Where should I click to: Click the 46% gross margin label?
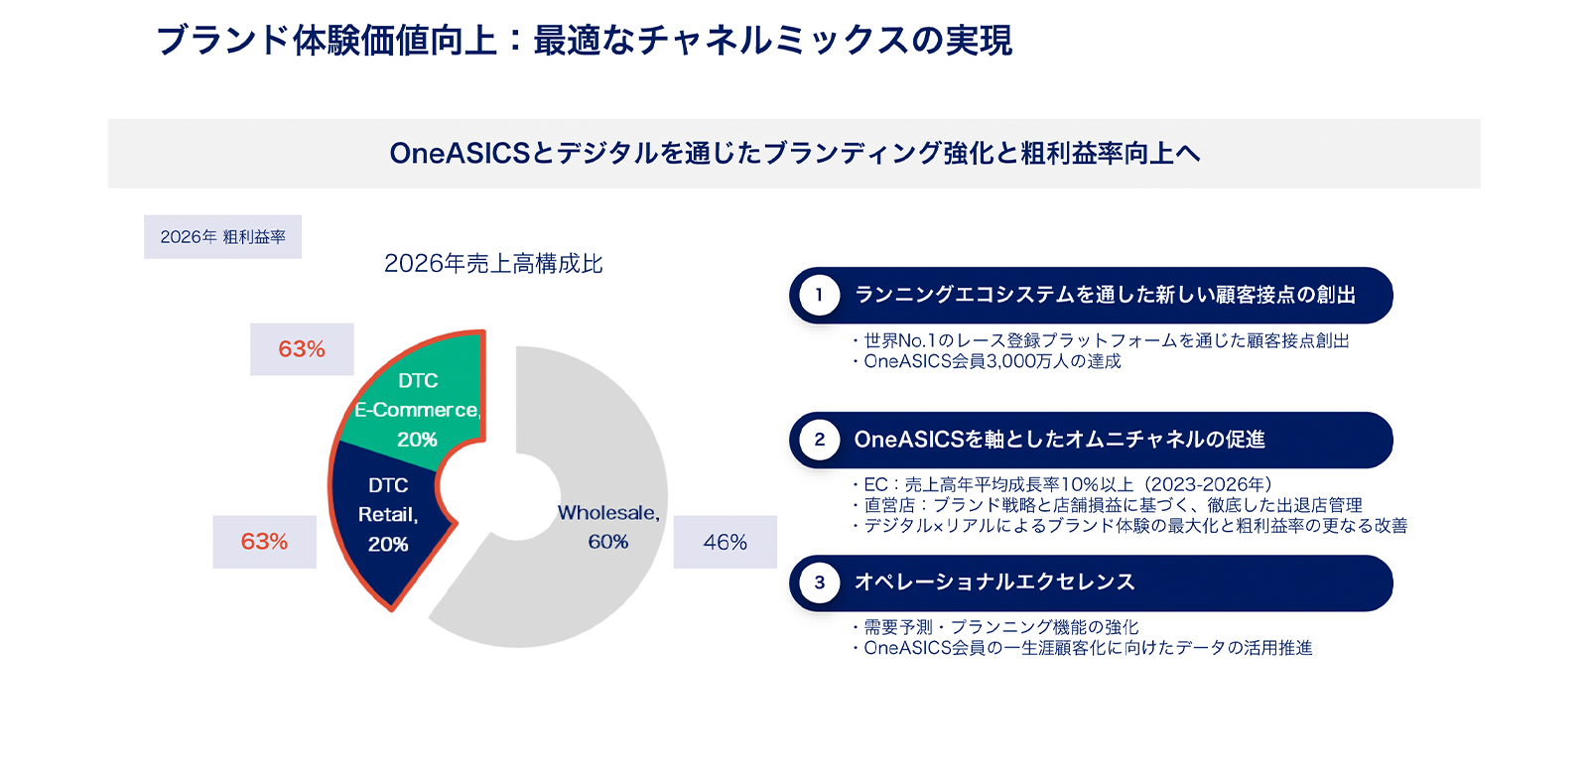pyautogui.click(x=726, y=542)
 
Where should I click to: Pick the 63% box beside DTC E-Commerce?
pyautogui.click(x=302, y=349)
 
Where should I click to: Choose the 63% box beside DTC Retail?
pyautogui.click(x=264, y=542)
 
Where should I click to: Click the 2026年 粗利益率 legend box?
pyautogui.click(x=222, y=237)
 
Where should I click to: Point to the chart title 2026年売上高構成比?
pyautogui.click(x=493, y=264)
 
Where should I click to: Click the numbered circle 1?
pyautogui.click(x=820, y=295)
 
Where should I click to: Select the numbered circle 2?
pyautogui.click(x=820, y=440)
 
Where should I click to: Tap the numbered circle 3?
pyautogui.click(x=820, y=582)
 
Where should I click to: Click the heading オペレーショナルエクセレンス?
pyautogui.click(x=994, y=582)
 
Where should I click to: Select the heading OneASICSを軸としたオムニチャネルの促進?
pyautogui.click(x=1060, y=440)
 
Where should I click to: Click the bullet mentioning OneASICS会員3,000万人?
pyautogui.click(x=987, y=361)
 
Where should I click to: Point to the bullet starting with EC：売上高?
pyautogui.click(x=1063, y=484)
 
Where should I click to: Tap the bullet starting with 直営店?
pyautogui.click(x=1108, y=505)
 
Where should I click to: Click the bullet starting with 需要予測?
pyautogui.click(x=996, y=627)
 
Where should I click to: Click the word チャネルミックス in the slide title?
pyautogui.click(x=773, y=41)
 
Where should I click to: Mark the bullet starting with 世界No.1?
pyautogui.click(x=1101, y=341)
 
